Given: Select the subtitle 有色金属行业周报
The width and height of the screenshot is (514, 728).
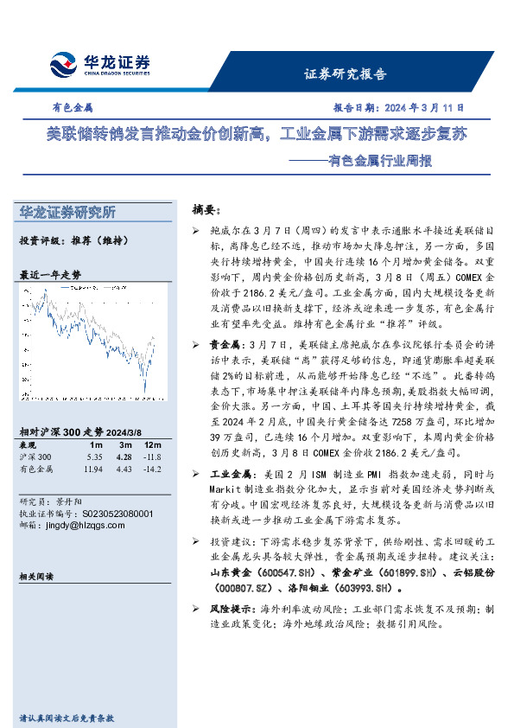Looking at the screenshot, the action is (367, 160).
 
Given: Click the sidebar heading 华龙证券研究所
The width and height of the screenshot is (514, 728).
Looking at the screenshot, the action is (67, 213).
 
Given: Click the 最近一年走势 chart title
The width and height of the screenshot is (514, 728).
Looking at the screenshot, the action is (51, 274).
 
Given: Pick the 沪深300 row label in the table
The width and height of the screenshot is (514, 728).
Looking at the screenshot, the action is (35, 457).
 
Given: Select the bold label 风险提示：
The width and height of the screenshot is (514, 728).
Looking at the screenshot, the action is (235, 609).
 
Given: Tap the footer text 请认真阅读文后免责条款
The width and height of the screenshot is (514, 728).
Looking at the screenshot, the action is (67, 718).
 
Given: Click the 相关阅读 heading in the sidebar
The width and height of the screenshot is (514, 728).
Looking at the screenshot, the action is (36, 576).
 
